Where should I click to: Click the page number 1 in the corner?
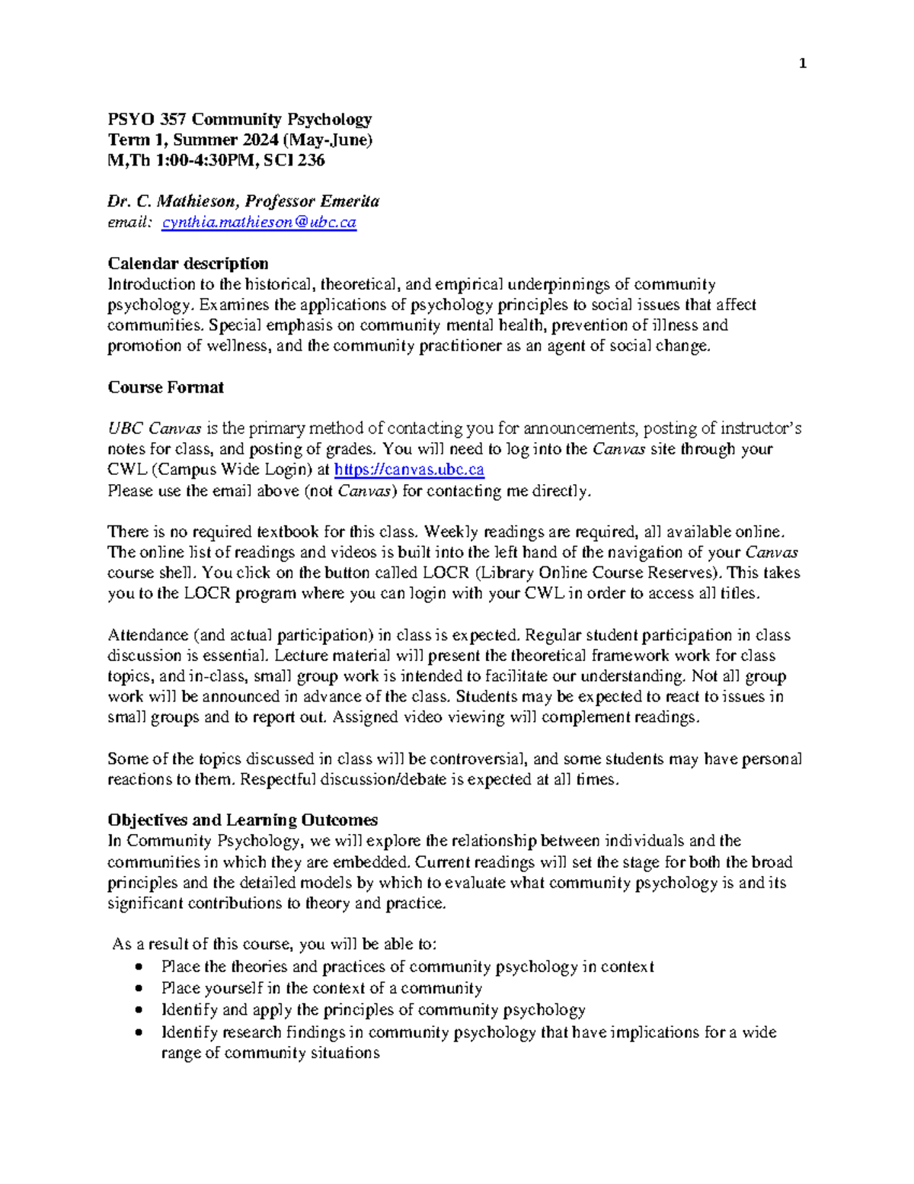802,64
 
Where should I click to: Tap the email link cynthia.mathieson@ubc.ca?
259,223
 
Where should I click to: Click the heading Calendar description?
187,264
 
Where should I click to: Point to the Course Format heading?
165,387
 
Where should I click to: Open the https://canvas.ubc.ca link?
409,470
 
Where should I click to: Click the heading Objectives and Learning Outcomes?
242,820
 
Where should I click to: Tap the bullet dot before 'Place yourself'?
137,989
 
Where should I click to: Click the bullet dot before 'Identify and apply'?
137,1010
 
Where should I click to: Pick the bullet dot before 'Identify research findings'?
137,1032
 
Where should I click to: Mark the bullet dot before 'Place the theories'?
137,967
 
